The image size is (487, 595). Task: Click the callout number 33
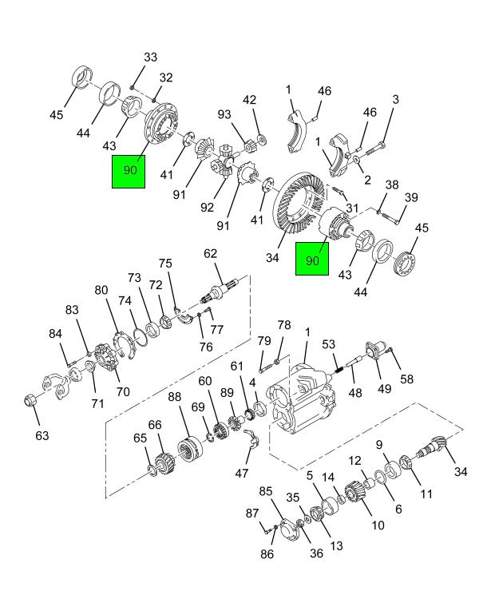click(x=150, y=58)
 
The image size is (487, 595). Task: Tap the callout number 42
click(x=250, y=100)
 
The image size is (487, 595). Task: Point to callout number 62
click(x=210, y=255)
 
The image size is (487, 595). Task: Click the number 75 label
click(x=165, y=264)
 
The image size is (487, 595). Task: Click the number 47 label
click(x=241, y=473)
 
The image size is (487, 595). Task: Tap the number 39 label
click(x=411, y=198)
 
